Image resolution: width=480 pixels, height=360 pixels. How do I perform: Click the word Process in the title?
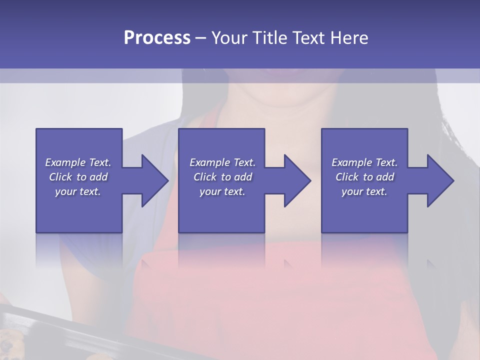tap(157, 38)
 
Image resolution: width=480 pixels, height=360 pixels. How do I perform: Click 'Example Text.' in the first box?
tap(78, 162)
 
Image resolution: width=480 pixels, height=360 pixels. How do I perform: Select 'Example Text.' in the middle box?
tap(222, 162)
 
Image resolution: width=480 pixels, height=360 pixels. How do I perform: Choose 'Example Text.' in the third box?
tap(364, 162)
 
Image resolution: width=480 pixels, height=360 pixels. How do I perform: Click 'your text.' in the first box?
tap(78, 191)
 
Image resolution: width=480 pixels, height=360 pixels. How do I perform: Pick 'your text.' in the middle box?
tap(222, 191)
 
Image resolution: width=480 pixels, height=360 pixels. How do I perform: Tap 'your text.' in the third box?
tap(364, 191)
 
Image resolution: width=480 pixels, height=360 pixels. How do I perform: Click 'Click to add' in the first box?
tap(78, 177)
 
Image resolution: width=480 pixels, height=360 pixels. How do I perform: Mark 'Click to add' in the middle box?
tap(222, 177)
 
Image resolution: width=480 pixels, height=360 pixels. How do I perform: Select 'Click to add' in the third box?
tap(364, 177)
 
